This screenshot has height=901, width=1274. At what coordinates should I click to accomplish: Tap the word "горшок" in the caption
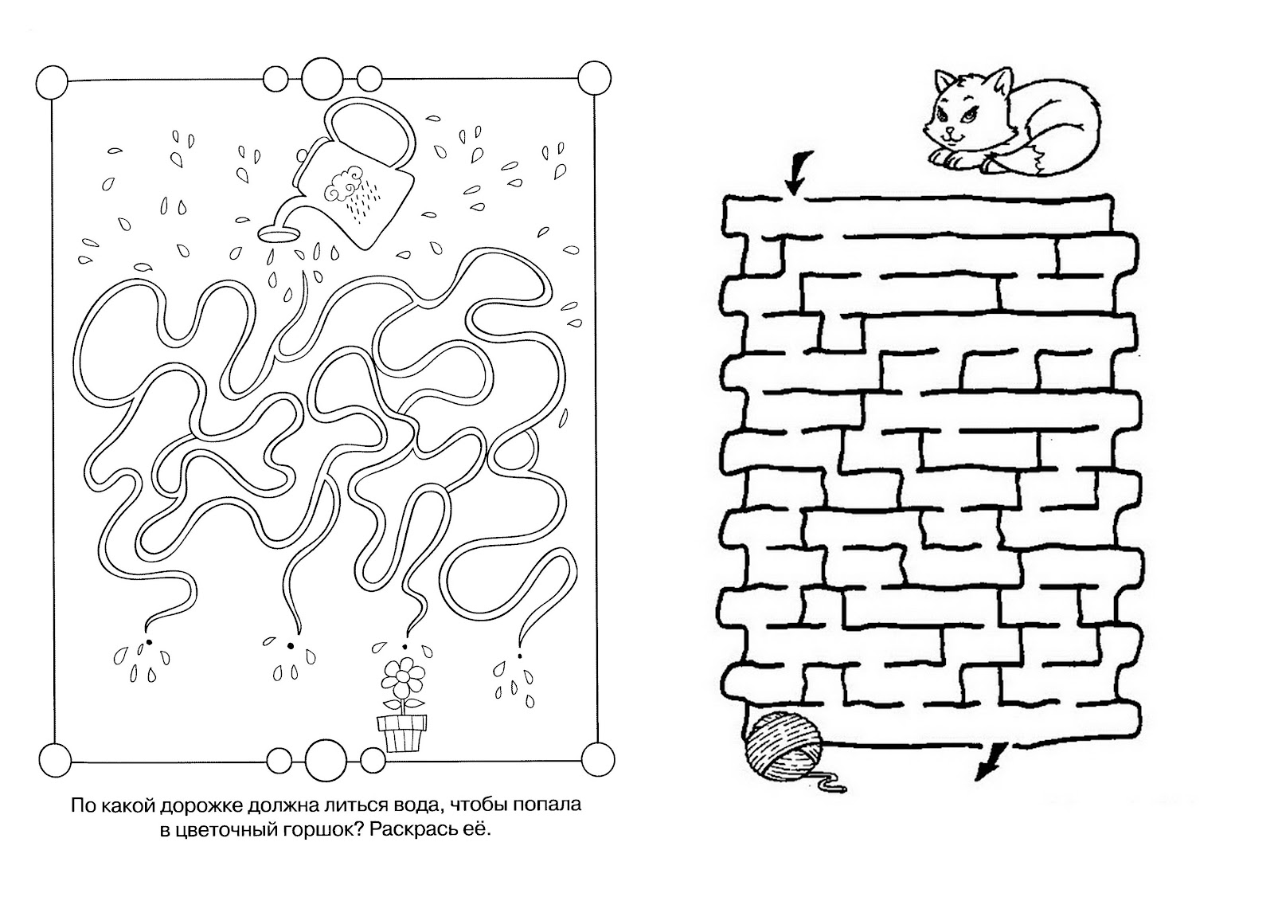pos(319,830)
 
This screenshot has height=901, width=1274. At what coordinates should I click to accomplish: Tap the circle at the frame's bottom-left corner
pos(55,760)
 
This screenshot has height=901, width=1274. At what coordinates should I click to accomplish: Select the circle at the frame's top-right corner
pos(594,77)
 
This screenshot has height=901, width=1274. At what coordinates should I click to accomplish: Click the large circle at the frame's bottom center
pos(326,760)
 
